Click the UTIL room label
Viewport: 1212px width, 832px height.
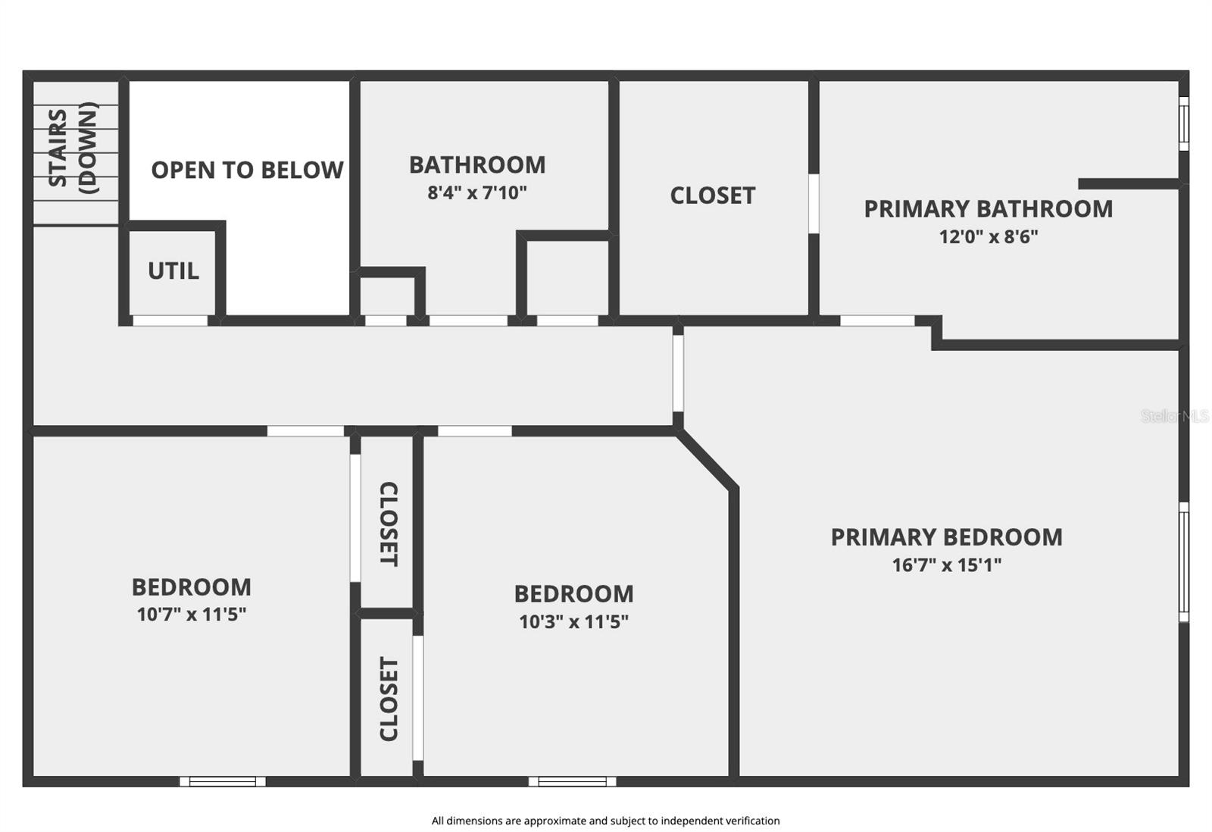point(173,271)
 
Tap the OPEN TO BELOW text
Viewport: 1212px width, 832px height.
point(247,170)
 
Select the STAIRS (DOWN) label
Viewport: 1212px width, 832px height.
point(73,149)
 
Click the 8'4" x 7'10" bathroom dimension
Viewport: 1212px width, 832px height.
point(477,192)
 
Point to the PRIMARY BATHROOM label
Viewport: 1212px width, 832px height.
point(989,208)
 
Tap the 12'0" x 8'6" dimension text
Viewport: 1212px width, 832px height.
point(989,236)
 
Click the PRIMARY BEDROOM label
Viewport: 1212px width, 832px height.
point(946,536)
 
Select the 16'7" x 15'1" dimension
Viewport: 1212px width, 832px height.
point(946,565)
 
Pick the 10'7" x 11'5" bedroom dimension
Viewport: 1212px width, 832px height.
point(192,614)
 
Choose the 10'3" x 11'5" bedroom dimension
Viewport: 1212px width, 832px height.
point(573,621)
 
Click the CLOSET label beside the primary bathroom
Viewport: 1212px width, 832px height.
point(713,195)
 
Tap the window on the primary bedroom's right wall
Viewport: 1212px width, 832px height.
point(1183,561)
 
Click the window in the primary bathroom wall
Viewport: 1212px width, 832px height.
point(1183,123)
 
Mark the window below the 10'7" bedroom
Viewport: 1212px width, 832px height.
point(223,781)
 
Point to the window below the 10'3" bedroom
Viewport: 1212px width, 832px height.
point(572,781)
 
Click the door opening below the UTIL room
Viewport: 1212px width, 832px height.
point(170,321)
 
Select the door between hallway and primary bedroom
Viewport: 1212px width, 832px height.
point(678,373)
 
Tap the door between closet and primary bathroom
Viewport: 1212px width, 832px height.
point(814,203)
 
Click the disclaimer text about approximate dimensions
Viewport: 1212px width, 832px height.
point(605,821)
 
